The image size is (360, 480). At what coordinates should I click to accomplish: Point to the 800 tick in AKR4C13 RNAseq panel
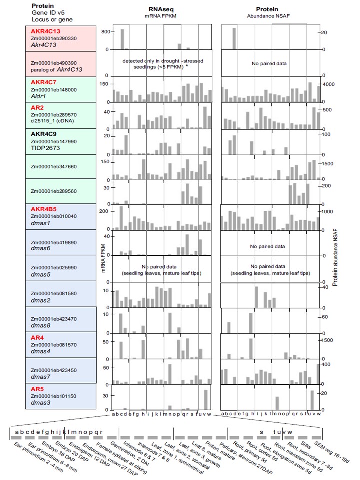click(104, 31)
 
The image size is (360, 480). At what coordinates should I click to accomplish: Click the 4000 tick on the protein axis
click(327, 85)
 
